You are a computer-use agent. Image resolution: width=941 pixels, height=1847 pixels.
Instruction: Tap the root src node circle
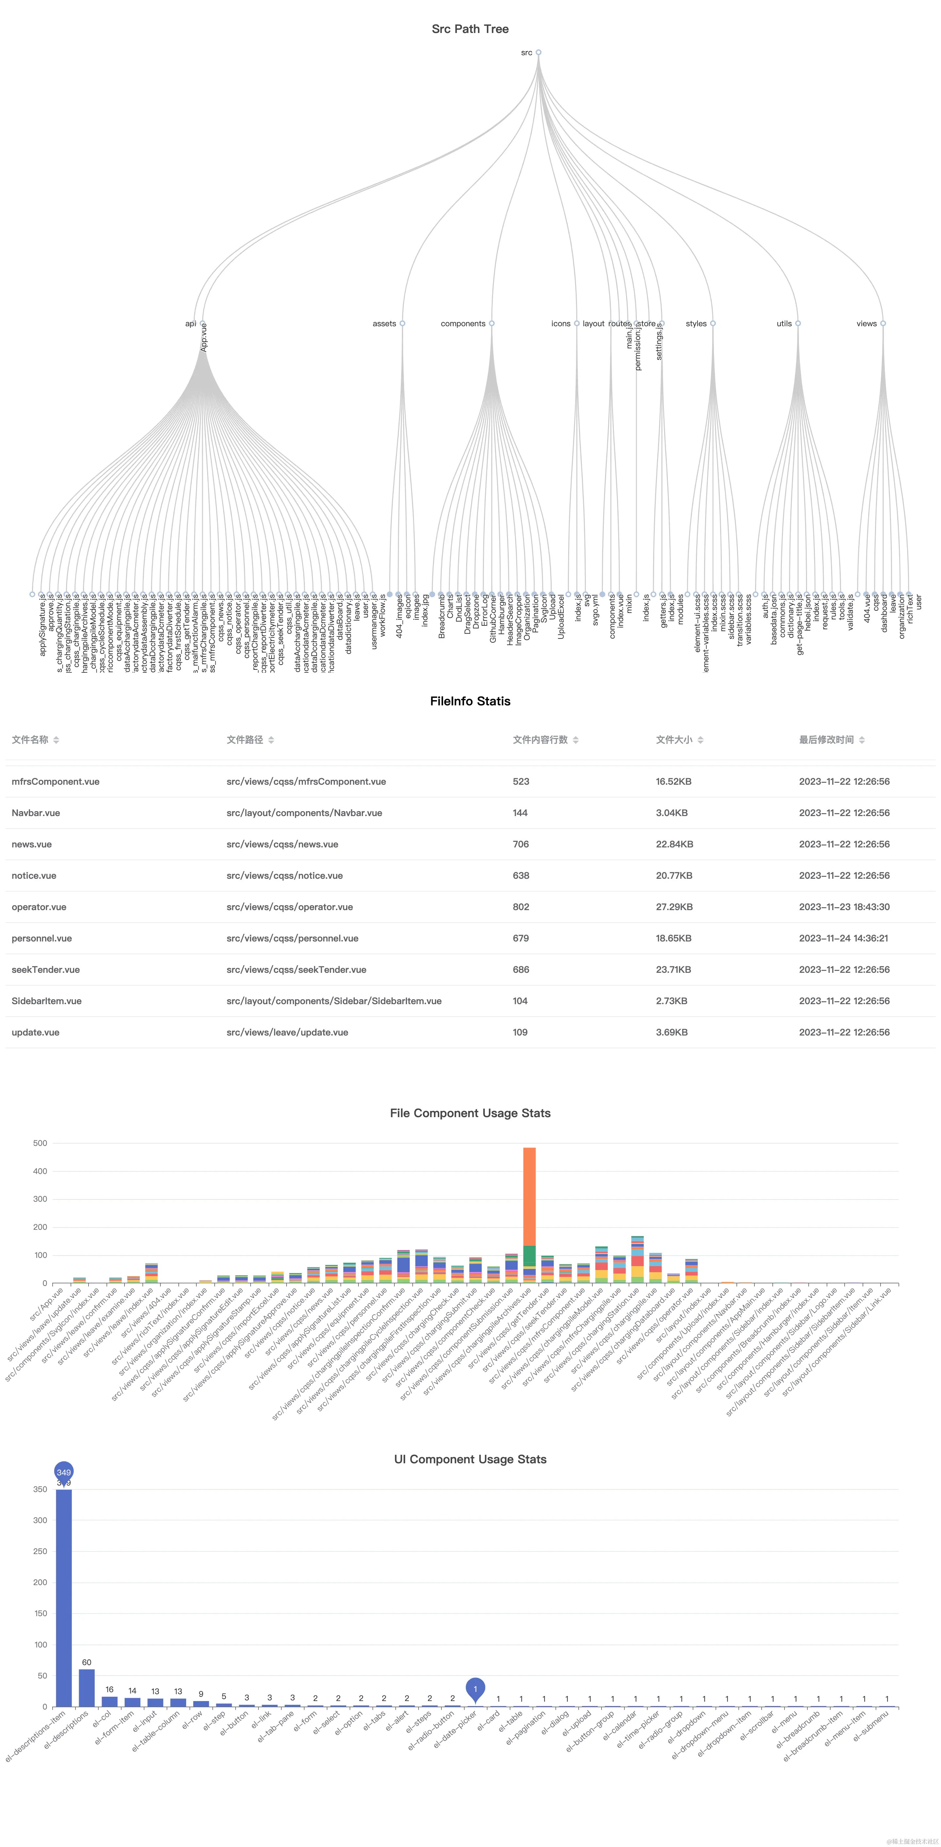(x=538, y=52)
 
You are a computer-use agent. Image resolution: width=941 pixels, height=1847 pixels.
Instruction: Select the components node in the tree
(x=491, y=323)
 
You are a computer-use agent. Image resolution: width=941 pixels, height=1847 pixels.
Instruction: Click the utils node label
(x=784, y=323)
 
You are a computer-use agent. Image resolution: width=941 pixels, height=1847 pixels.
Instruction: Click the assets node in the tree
(x=402, y=323)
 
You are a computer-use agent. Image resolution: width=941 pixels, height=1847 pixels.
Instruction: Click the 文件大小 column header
(x=674, y=739)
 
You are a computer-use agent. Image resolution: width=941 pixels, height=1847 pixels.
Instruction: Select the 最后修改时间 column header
(x=826, y=739)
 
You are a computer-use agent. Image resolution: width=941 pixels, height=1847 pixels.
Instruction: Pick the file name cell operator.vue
(x=39, y=907)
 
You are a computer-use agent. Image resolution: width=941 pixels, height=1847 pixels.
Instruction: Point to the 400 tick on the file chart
(x=40, y=1171)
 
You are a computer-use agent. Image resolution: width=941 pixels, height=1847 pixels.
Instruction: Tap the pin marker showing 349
(x=64, y=1472)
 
